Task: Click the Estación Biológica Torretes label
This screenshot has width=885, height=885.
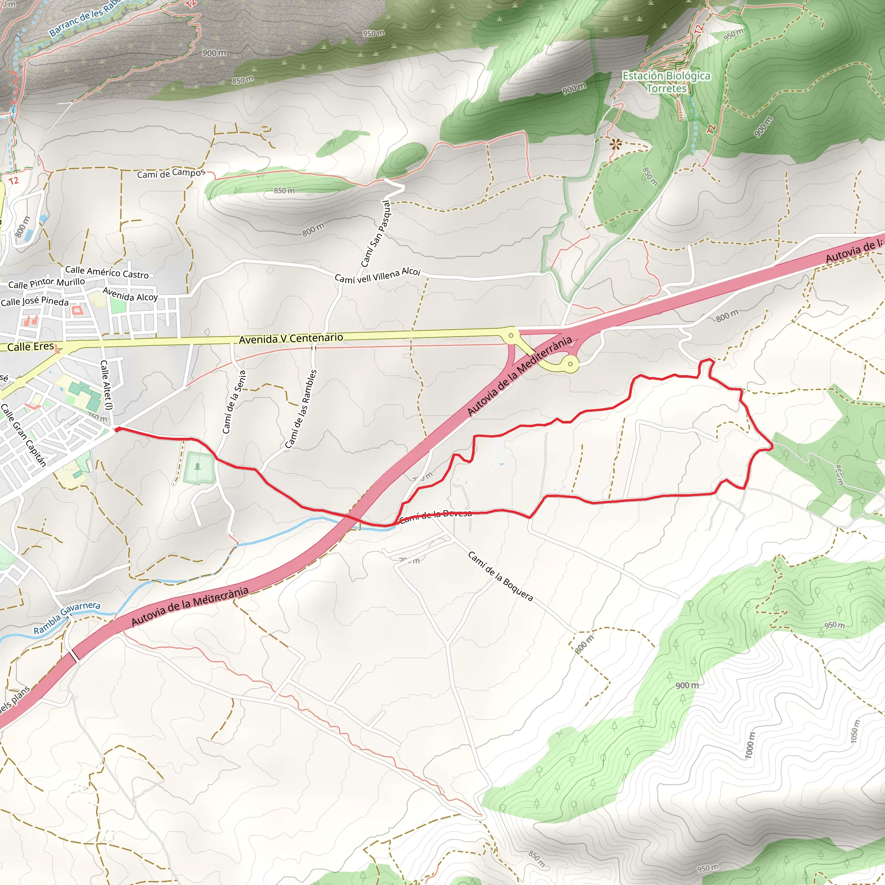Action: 666,82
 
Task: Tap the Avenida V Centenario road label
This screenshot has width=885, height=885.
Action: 291,338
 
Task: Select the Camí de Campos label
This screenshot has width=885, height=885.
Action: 171,174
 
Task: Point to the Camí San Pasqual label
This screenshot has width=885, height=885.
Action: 375,234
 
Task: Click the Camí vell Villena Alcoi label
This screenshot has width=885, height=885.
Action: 377,275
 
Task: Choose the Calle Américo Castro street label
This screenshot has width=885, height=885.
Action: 107,273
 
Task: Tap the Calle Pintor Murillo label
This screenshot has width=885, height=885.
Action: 47,283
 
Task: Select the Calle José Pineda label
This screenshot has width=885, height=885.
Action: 35,301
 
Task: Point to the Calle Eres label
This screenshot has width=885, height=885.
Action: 30,347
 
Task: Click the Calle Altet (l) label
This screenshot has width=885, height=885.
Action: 106,385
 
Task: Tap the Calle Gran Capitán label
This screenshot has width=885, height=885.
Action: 23,435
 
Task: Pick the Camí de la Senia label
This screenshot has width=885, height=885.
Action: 234,401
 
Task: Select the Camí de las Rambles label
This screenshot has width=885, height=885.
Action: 301,409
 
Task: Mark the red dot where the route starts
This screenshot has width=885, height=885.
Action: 117,429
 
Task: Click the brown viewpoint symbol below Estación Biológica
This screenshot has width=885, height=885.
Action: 615,145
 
